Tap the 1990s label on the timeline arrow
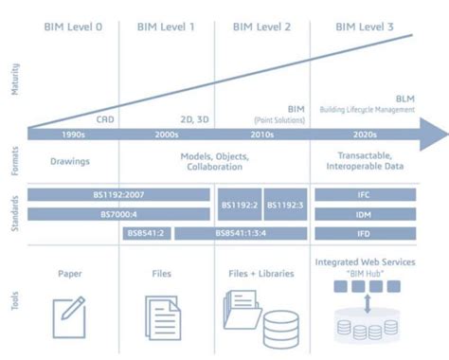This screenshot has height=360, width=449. point(73,135)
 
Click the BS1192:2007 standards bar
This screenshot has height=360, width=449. point(118,194)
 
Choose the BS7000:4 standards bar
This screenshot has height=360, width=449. point(118,214)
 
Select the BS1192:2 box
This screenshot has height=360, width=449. point(241,204)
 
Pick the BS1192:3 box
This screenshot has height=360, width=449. point(285,204)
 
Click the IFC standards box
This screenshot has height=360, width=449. point(364,194)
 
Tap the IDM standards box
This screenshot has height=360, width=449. point(364,214)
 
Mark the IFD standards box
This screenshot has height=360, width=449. point(364,233)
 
